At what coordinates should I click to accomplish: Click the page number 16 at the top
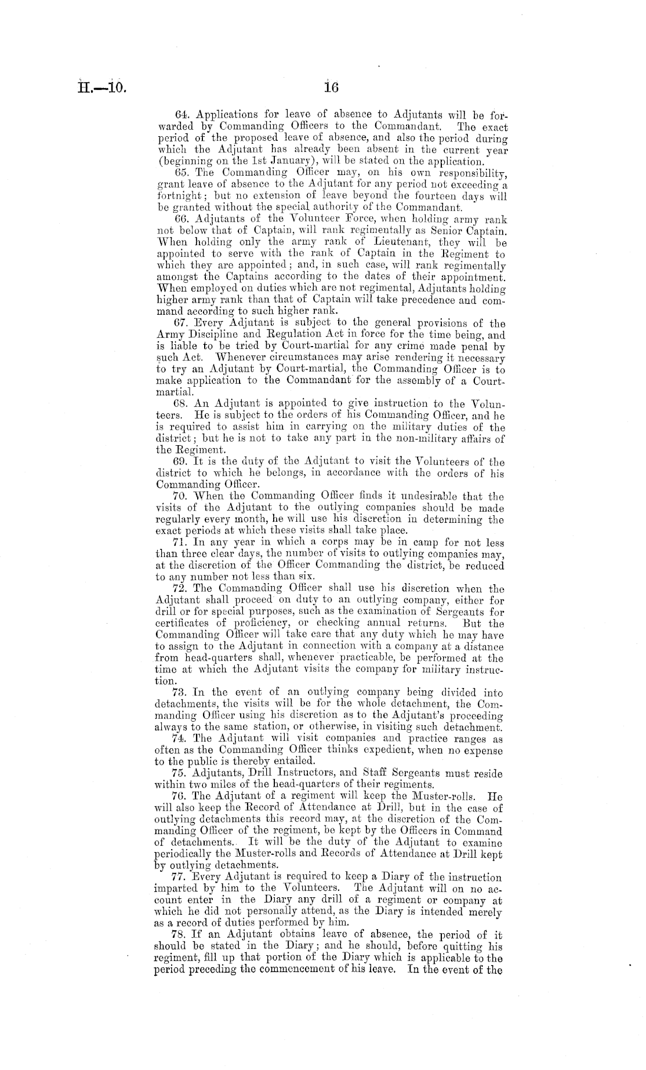point(331,89)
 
